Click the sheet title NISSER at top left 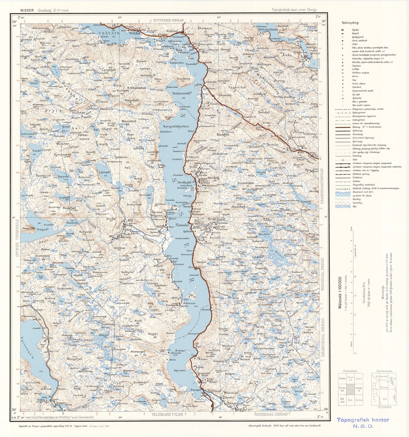click(x=27, y=10)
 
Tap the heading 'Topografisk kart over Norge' click(x=294, y=10)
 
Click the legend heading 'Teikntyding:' click(x=350, y=23)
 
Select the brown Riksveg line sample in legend click(x=343, y=127)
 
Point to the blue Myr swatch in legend click(x=343, y=206)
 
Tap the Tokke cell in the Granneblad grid click(x=342, y=378)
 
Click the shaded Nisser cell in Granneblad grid click(x=350, y=389)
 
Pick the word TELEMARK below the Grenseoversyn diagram click(x=384, y=407)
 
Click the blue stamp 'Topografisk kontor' click(x=363, y=420)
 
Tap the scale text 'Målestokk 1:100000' click(x=340, y=292)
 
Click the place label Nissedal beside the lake click(x=182, y=225)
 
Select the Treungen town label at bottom click(x=235, y=403)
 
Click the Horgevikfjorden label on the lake click(x=176, y=126)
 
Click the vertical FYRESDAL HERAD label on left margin click(x=17, y=238)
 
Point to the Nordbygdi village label click(x=184, y=182)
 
